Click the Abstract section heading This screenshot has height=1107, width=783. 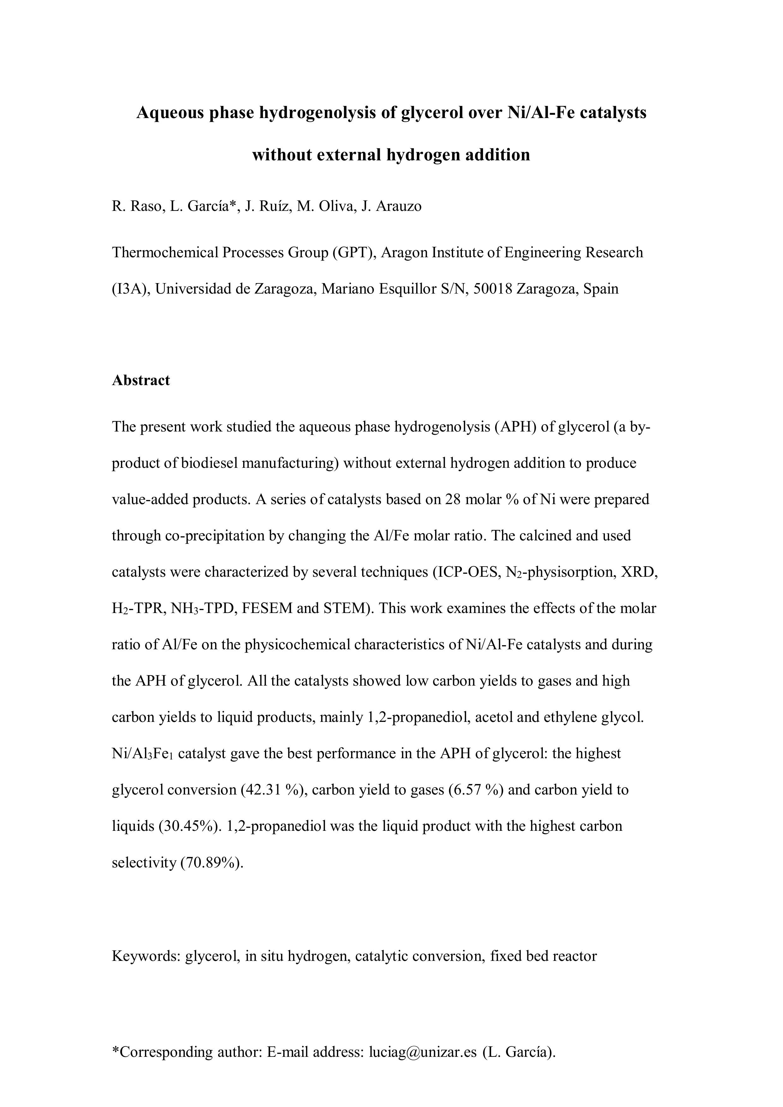point(141,380)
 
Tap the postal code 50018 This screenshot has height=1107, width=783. point(493,289)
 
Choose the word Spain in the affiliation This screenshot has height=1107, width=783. point(600,289)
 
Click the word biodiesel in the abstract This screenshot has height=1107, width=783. point(210,463)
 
